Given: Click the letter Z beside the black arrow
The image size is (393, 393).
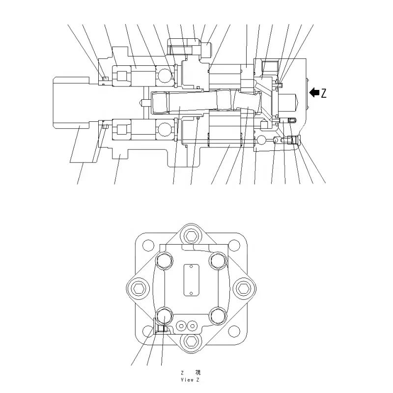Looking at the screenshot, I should (x=323, y=93).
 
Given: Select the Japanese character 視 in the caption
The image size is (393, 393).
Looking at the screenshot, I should (x=197, y=373).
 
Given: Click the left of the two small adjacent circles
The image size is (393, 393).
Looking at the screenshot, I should (x=182, y=325).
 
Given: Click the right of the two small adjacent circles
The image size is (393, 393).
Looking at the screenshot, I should (x=193, y=325).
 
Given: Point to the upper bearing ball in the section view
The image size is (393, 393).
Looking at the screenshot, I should (x=165, y=74).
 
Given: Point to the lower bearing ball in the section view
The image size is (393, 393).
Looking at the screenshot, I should (x=165, y=129).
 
